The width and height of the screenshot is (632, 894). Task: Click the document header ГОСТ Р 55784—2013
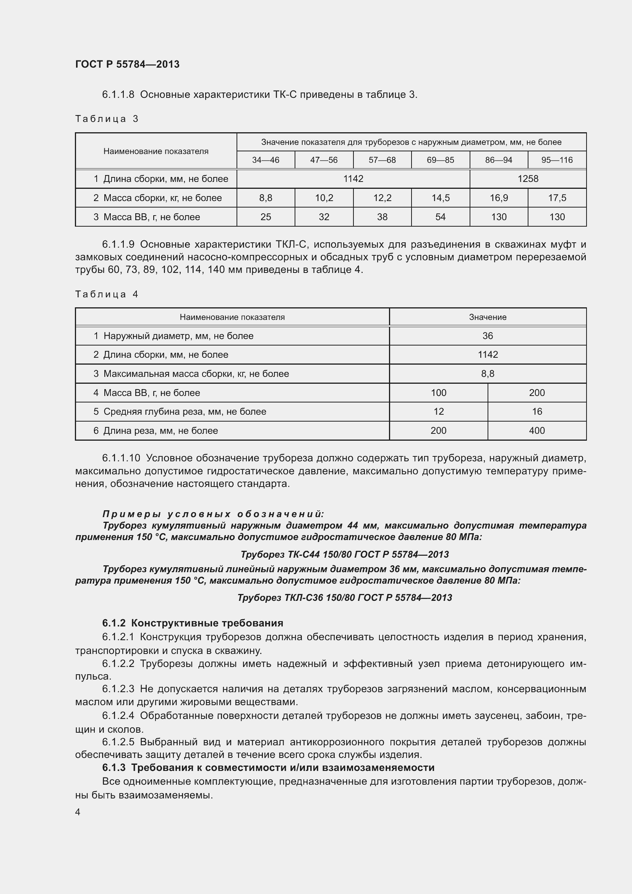click(x=127, y=64)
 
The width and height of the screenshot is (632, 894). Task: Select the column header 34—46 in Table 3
click(x=266, y=160)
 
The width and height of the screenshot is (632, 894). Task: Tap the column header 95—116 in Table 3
click(x=557, y=160)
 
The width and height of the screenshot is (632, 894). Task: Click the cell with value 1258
click(x=528, y=179)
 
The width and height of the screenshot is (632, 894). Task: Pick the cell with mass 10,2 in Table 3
click(x=324, y=198)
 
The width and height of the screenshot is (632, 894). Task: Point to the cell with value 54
click(x=440, y=217)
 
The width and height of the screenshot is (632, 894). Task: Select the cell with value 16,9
click(x=499, y=198)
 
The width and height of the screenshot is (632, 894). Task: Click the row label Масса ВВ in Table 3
click(x=151, y=217)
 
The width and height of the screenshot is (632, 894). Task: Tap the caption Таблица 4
click(x=107, y=294)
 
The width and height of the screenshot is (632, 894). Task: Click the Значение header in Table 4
click(x=488, y=317)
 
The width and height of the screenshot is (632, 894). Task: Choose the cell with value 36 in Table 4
click(x=488, y=336)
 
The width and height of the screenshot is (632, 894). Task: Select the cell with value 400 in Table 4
click(x=536, y=431)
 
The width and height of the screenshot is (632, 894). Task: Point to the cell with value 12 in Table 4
click(x=438, y=412)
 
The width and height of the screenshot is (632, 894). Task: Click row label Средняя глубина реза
click(x=185, y=412)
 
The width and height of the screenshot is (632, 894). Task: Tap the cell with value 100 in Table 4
click(x=438, y=393)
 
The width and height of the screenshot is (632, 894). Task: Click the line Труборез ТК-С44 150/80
click(x=344, y=555)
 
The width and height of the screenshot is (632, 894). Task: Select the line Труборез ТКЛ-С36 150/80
click(x=344, y=598)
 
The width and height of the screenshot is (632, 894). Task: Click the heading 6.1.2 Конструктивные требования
click(x=193, y=623)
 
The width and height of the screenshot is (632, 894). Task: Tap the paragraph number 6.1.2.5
click(x=118, y=742)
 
